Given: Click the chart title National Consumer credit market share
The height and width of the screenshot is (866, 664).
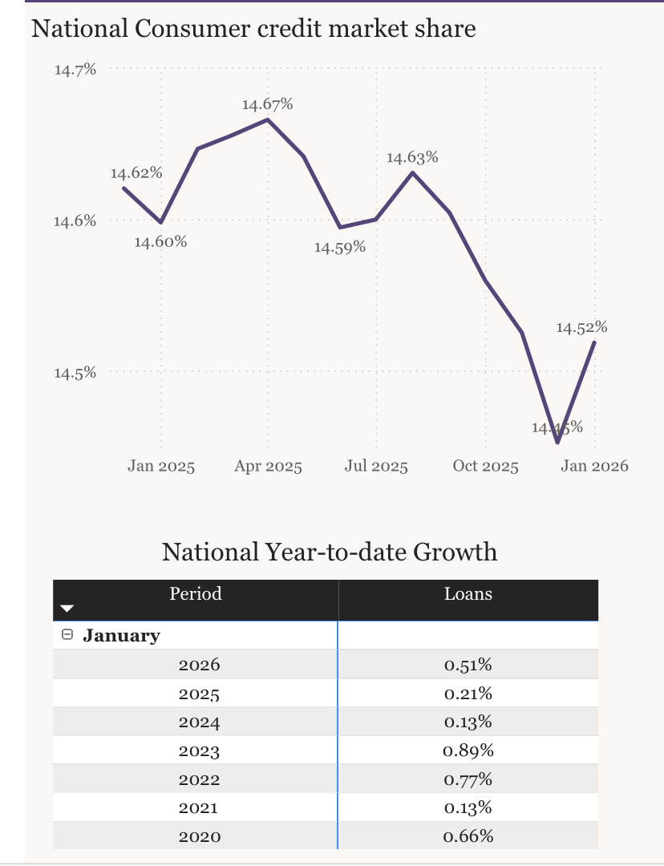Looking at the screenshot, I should (x=253, y=29).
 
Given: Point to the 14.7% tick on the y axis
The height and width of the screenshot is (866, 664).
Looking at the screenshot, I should (x=75, y=70).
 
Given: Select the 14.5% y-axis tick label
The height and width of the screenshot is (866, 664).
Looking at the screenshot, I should (x=75, y=373).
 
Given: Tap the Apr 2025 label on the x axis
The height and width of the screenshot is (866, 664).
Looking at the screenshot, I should (x=268, y=467).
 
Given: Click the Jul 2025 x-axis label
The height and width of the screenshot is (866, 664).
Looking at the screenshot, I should (x=376, y=467).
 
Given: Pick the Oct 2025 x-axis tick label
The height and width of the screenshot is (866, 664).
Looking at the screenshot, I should (x=485, y=467).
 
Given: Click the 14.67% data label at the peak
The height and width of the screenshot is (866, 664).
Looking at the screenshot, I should (x=267, y=104).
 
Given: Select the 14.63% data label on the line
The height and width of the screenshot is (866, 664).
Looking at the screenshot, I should (x=412, y=157).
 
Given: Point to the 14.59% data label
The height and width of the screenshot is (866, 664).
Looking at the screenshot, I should (x=339, y=248).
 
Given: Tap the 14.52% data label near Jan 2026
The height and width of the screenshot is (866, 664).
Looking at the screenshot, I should (x=581, y=327).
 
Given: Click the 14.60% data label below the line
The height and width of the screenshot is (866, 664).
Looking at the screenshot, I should (x=160, y=242).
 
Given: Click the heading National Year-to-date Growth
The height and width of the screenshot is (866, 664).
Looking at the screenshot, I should (x=330, y=552).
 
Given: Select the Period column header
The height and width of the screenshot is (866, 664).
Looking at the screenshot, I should (x=196, y=594).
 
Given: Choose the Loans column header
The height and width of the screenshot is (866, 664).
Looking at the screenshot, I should (x=468, y=594).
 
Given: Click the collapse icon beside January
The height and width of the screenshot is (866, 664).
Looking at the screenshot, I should (x=67, y=635).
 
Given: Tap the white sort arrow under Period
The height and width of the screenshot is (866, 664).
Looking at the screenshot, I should (x=67, y=610).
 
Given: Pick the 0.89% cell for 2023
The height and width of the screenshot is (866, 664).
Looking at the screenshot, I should (x=468, y=751).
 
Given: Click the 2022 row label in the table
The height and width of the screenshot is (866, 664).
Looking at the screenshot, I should (x=199, y=779).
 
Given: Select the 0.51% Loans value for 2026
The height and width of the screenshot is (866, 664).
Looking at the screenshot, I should (x=468, y=665).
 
